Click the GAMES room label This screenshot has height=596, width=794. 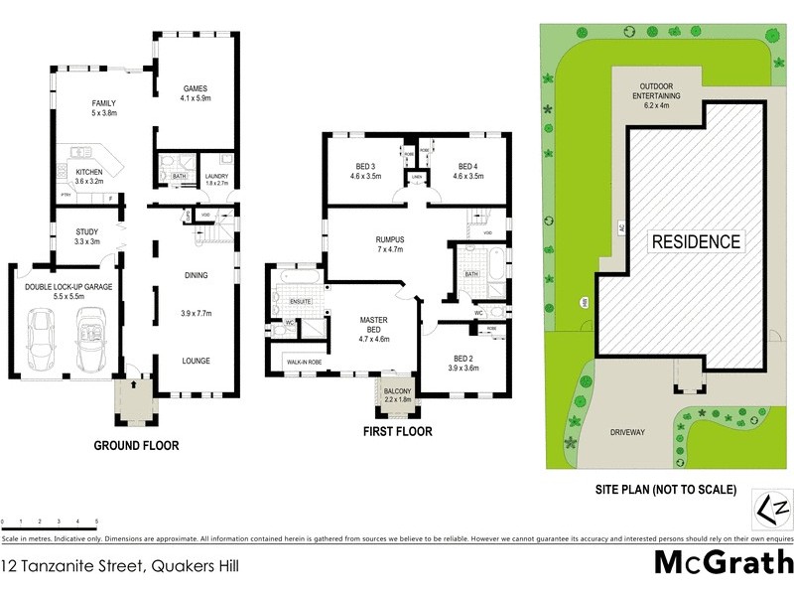point(196,86)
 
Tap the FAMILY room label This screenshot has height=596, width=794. point(103,103)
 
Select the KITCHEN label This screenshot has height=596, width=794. point(89,172)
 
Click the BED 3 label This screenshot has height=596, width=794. point(365,166)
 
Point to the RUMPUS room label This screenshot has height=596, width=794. point(390,239)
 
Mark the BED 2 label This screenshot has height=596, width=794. point(464,357)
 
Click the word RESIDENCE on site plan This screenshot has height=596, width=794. point(696,241)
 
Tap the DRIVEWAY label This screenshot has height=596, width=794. point(627,432)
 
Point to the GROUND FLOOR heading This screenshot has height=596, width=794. point(137,446)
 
